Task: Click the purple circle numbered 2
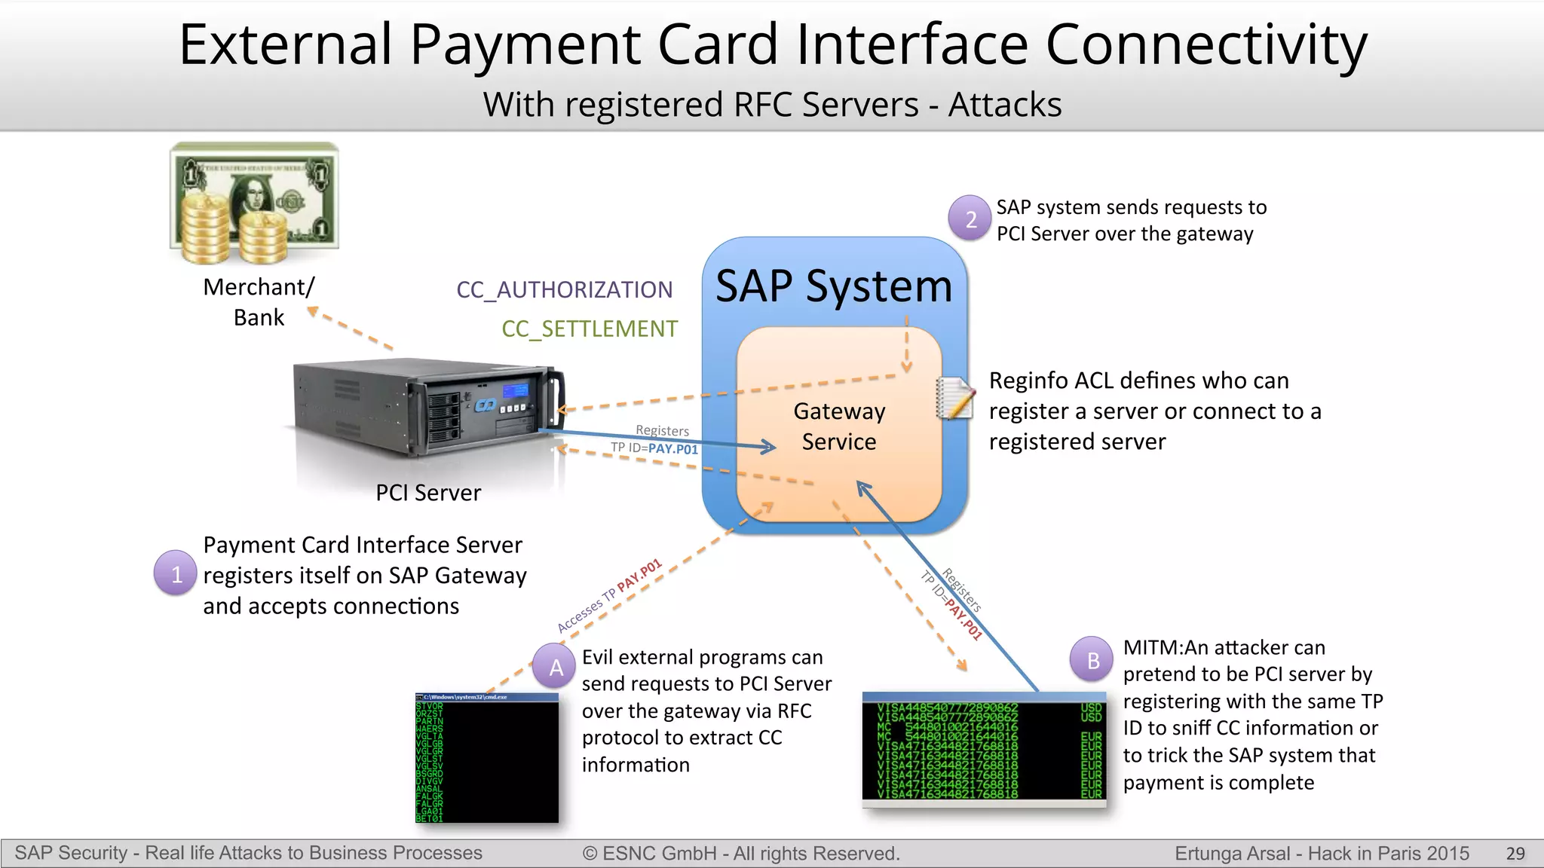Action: coord(970,219)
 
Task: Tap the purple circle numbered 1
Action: coord(176,574)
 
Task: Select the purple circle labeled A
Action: coord(556,667)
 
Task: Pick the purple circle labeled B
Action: coord(1092,660)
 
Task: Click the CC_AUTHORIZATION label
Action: coord(564,290)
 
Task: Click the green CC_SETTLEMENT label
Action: coord(590,329)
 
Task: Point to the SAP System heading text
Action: coord(834,286)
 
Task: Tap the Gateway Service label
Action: coord(839,426)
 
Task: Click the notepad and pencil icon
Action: coord(954,397)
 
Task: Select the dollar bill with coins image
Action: coord(255,203)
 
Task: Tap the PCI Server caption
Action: coord(428,493)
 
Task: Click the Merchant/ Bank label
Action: coord(259,302)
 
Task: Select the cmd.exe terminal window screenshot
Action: coord(487,758)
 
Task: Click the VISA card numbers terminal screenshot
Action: coord(984,749)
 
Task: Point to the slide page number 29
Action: coord(1515,854)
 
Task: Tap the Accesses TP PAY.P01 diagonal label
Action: coord(609,596)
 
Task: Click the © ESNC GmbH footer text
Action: coord(741,854)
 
